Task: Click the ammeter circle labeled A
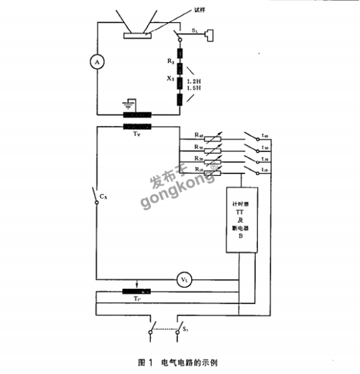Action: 97,61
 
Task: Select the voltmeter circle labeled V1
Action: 184,280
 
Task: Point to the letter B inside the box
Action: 240,244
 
